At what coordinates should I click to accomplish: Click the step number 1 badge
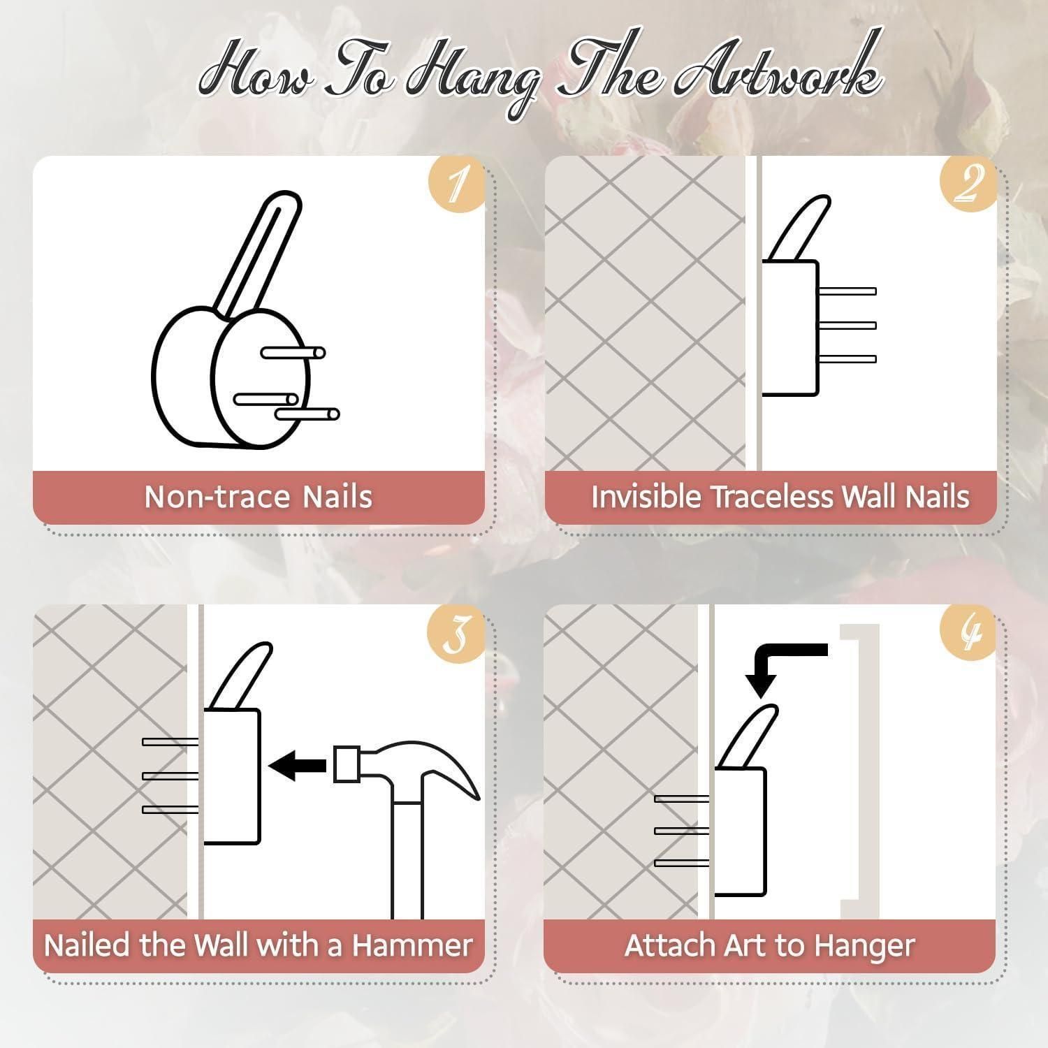457,184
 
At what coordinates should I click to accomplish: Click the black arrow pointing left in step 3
297,766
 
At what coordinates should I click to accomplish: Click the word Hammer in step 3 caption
412,945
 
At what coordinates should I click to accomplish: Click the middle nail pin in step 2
847,325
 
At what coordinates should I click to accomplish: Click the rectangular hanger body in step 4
740,831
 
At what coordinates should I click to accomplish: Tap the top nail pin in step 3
170,741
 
